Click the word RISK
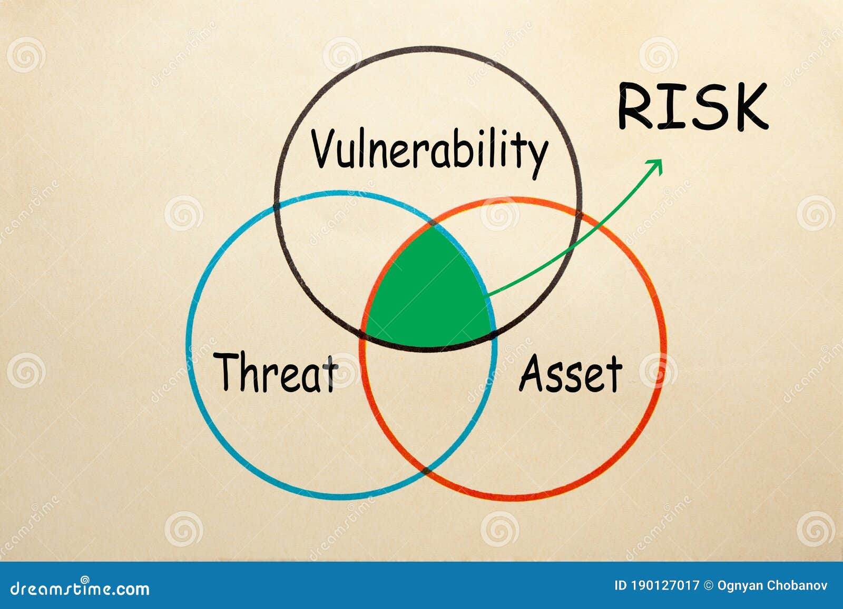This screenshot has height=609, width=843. pyautogui.click(x=692, y=106)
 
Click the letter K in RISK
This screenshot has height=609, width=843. pyautogui.click(x=748, y=106)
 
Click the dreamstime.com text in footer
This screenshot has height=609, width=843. pyautogui.click(x=80, y=588)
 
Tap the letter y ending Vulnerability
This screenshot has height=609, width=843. pyautogui.click(x=538, y=155)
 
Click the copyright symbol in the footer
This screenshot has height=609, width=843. pyautogui.click(x=708, y=585)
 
